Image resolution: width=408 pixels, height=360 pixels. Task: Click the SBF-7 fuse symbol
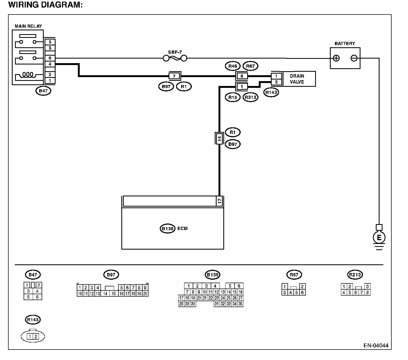pos(175,59)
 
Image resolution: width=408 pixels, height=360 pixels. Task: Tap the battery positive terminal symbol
pos(336,58)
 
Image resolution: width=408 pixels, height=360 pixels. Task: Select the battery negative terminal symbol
pos(354,58)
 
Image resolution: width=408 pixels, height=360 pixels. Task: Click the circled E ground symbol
pos(379,238)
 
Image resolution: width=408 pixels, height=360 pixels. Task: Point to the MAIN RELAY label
pos(28,26)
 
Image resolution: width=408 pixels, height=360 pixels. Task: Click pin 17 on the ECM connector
pos(220,201)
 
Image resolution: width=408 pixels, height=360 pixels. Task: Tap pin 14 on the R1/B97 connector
pos(220,138)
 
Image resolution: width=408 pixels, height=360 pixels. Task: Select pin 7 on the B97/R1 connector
pos(174,76)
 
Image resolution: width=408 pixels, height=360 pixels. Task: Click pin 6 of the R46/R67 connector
pos(242,76)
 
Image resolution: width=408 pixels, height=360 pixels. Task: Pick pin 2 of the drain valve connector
pos(276,82)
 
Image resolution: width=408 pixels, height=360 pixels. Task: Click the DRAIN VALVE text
pos(297,79)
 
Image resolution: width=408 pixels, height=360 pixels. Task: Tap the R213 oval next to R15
pos(250,97)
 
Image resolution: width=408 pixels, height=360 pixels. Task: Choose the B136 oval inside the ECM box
pos(167,229)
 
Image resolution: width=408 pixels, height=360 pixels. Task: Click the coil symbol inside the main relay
pos(28,75)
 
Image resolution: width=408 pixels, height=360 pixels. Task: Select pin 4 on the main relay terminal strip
pos(50,64)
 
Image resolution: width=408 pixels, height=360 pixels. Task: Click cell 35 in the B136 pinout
pos(241,304)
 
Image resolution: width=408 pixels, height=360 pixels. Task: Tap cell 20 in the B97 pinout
pos(145,294)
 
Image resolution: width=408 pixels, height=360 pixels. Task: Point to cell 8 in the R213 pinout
pos(367,293)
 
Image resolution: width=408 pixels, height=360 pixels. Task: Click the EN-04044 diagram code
pos(376,345)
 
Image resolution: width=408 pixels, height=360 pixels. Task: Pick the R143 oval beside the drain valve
pos(271,92)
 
